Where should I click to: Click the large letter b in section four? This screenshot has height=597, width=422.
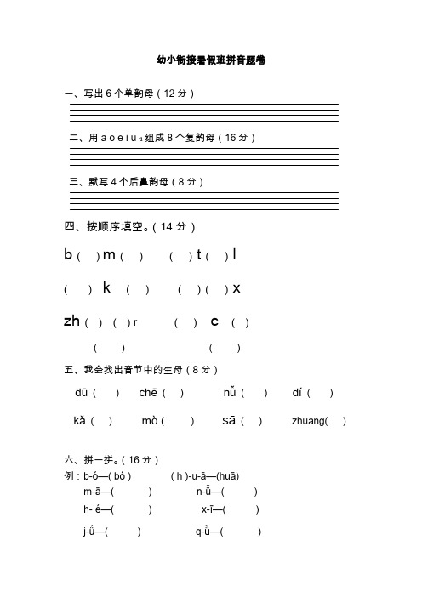point(68,255)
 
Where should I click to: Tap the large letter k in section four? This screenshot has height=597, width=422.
point(107,288)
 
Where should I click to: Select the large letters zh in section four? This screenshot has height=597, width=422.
point(71,321)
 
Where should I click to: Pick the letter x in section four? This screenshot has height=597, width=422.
point(237,288)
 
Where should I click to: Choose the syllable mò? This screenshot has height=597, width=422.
point(149,421)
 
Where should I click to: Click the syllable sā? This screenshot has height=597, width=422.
point(229,421)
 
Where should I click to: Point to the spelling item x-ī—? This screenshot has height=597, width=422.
point(212,509)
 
